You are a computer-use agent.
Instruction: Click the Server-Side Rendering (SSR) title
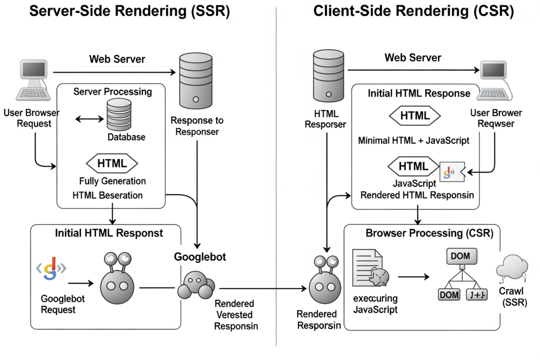(x=129, y=11)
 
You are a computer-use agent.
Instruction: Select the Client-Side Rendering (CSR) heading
(x=413, y=11)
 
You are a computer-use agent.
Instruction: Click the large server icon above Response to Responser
(x=195, y=81)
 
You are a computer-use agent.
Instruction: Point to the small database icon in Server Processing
(x=119, y=115)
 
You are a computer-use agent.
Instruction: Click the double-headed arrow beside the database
(x=89, y=119)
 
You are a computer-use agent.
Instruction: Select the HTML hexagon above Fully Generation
(x=112, y=163)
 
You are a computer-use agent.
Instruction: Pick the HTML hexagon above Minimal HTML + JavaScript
(x=415, y=116)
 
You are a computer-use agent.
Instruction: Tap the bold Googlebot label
(x=200, y=257)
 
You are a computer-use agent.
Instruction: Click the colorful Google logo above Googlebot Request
(x=51, y=269)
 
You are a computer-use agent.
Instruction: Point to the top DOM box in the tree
(x=462, y=256)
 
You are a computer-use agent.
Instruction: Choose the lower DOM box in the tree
(x=449, y=295)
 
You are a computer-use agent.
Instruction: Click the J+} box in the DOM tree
(x=477, y=295)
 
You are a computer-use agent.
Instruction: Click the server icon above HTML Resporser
(x=328, y=75)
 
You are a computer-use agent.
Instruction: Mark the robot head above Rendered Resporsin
(x=325, y=281)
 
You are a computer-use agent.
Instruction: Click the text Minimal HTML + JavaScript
(x=413, y=141)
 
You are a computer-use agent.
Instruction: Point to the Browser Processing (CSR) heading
(x=429, y=233)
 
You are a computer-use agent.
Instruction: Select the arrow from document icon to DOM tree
(x=413, y=277)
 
